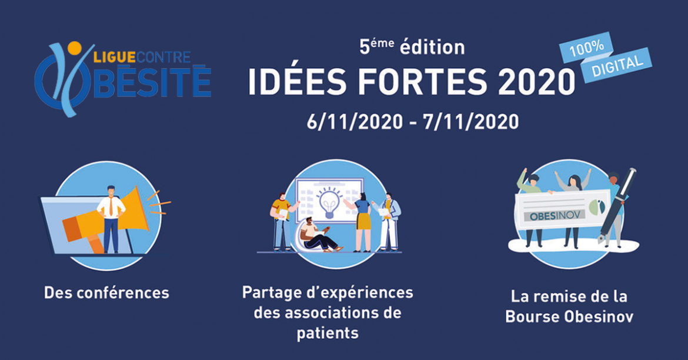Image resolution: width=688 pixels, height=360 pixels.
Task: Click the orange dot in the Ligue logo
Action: (75, 48)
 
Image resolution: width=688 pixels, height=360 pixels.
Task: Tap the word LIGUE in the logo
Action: (112, 57)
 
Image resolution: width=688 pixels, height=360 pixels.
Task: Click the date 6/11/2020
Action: (355, 121)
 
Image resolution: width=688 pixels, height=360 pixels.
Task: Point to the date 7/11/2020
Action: (471, 121)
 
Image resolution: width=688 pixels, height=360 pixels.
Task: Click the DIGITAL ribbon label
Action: (617, 65)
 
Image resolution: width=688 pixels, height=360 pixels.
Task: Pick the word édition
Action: (432, 47)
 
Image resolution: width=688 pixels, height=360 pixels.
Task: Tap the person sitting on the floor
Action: (319, 236)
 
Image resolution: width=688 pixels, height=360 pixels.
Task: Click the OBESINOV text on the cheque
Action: (555, 215)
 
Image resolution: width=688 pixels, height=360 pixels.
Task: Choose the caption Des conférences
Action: (106, 293)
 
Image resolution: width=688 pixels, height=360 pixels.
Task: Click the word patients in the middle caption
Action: (328, 333)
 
